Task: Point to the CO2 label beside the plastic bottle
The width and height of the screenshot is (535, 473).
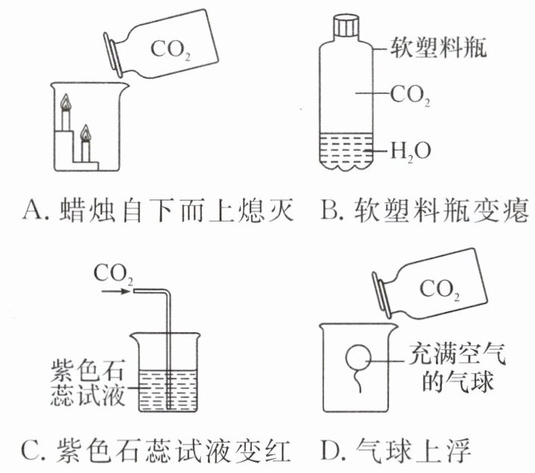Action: coord(411,94)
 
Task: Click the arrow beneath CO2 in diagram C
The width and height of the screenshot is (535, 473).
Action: coord(116,293)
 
